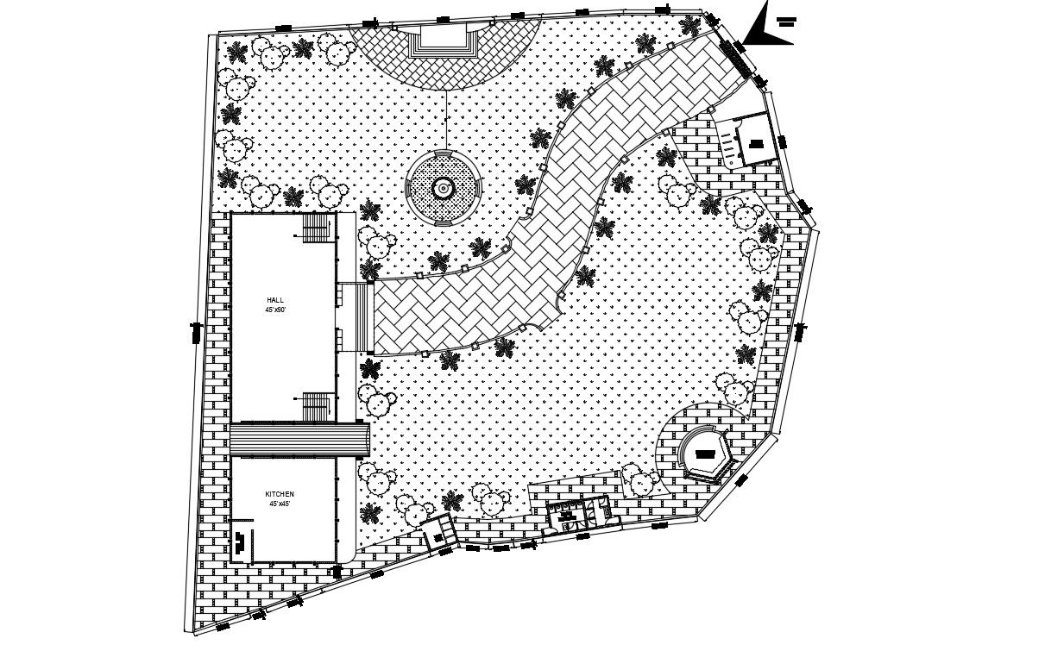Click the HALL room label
click(x=275, y=299)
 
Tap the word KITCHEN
click(x=280, y=494)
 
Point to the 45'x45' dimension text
click(x=280, y=504)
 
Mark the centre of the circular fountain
click(x=443, y=188)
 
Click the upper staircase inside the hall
click(x=318, y=228)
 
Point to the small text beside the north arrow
click(x=785, y=22)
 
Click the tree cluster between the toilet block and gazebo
click(x=639, y=479)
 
